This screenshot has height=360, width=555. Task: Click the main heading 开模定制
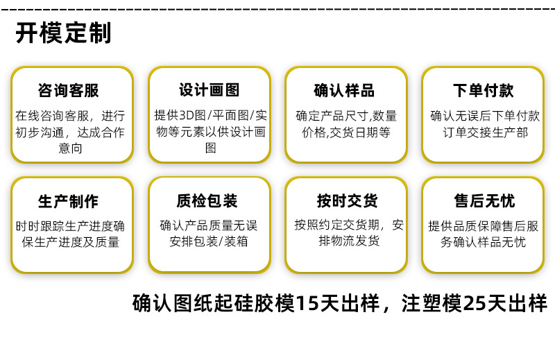point(63,33)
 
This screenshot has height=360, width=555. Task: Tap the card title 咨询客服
point(68,91)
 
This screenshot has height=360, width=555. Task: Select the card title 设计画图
point(210,90)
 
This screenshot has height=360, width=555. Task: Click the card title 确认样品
point(344,91)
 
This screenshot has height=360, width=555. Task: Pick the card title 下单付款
point(484,91)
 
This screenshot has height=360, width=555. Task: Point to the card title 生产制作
point(68,201)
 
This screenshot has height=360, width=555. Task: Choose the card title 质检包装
point(208,201)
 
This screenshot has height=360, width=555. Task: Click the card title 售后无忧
point(484,201)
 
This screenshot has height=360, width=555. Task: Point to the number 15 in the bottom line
point(305,304)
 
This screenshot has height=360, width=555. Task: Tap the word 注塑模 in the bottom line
point(432,304)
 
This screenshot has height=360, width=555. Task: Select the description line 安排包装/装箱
point(209,241)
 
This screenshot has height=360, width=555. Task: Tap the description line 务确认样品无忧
point(484,242)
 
